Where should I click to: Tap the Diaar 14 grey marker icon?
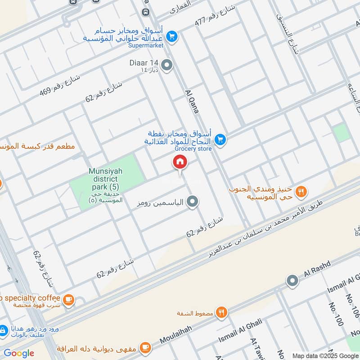[167, 66]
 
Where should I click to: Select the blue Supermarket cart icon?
[171, 36]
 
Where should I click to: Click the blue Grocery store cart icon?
[220, 139]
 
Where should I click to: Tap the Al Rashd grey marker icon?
[292, 280]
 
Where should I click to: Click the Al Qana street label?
[192, 102]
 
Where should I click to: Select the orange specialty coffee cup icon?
[68, 300]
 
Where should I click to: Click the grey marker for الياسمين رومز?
[193, 202]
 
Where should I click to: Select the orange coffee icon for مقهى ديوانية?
[144, 347]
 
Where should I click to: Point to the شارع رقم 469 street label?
[60, 85]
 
